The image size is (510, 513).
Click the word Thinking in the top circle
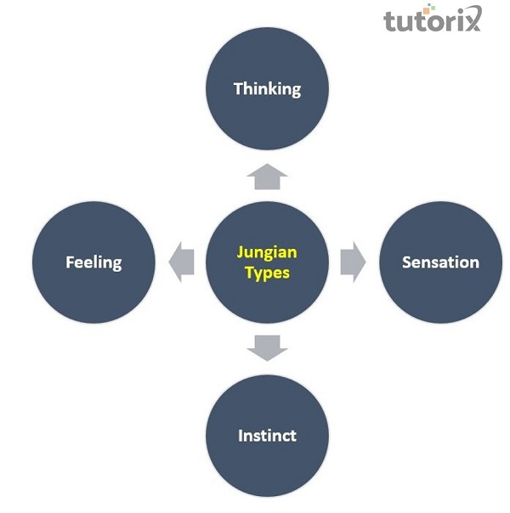pos(267,88)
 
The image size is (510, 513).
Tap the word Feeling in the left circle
pos(93,262)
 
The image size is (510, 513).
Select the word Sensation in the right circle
pos(440,262)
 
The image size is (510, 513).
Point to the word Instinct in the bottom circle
pos(267,436)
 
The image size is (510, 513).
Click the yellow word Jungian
pos(267,252)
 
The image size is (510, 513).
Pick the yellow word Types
pos(267,273)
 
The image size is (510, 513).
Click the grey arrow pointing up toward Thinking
pos(268,177)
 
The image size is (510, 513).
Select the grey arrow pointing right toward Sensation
pos(352,262)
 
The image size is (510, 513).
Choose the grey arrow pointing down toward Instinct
pos(268,347)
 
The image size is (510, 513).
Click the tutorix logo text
pos(432,20)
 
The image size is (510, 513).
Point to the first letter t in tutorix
pos(389,20)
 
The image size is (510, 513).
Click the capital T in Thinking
pos(238,87)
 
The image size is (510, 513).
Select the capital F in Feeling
pos(70,262)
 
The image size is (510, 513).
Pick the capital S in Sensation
pos(406,262)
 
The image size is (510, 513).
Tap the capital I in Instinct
pos(241,436)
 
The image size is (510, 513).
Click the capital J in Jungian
pos(241,252)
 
